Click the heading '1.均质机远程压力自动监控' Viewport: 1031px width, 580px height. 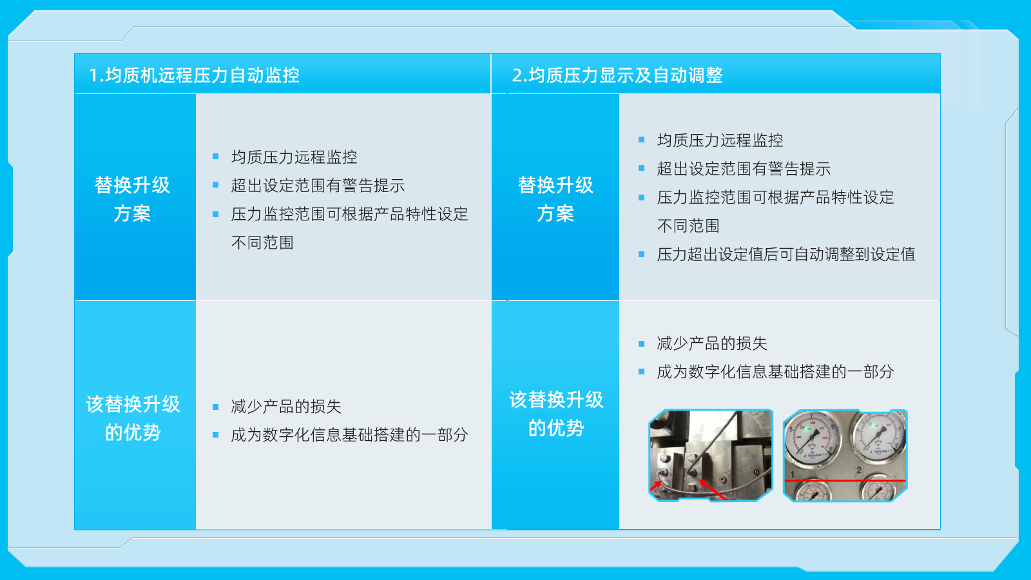(x=194, y=75)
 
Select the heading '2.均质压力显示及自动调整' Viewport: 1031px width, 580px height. (x=617, y=75)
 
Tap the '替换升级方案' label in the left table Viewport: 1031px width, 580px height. (x=132, y=199)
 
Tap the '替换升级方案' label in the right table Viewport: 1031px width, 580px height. (x=555, y=199)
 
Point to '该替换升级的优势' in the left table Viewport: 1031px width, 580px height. (x=133, y=418)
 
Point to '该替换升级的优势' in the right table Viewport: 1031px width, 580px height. (x=556, y=414)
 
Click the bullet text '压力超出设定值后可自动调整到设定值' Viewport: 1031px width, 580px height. (x=785, y=254)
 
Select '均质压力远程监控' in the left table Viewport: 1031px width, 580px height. (x=294, y=157)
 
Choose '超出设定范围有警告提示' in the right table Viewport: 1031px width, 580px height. (x=744, y=169)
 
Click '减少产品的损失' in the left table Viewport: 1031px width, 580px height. (x=286, y=407)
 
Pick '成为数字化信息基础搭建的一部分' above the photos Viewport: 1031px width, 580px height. (x=775, y=371)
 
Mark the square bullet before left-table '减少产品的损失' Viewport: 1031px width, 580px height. (x=215, y=407)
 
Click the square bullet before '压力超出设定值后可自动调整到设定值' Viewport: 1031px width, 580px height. (x=642, y=254)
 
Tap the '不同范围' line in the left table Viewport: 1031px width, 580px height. (x=262, y=242)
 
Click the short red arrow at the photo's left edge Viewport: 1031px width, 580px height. (x=656, y=486)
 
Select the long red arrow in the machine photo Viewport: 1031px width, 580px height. (x=713, y=490)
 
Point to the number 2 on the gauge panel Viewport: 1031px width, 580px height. (x=859, y=470)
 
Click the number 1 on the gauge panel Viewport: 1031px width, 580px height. (x=792, y=474)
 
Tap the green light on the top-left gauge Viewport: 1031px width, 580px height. (x=806, y=430)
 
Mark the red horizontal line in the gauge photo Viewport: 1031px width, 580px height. (x=845, y=481)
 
